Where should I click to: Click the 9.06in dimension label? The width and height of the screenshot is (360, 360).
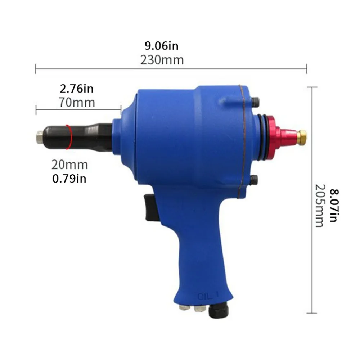pyautogui.click(x=161, y=46)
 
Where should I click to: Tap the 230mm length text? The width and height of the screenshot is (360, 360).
pyautogui.click(x=162, y=60)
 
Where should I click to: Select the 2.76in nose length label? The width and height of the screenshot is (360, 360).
pyautogui.click(x=77, y=89)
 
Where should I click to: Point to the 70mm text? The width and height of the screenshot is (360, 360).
pyautogui.click(x=77, y=102)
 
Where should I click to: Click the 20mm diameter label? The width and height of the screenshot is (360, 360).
pyautogui.click(x=69, y=165)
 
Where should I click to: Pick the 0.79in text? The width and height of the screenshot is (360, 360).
pyautogui.click(x=69, y=179)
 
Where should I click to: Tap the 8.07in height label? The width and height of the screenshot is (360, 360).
pyautogui.click(x=334, y=205)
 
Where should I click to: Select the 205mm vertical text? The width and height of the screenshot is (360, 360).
pyautogui.click(x=320, y=206)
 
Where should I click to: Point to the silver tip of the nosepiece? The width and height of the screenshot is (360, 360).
pyautogui.click(x=40, y=137)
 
